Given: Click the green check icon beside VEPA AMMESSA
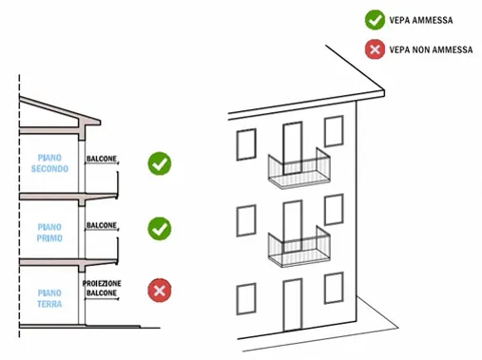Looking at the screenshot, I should (373, 18).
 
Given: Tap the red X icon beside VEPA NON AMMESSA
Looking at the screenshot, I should (373, 48).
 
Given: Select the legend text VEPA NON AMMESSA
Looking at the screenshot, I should (432, 48).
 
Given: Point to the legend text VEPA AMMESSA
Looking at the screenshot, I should (420, 18).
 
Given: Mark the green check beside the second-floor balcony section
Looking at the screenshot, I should (160, 163).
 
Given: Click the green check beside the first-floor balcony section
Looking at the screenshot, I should (160, 228).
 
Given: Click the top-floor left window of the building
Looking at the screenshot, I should (244, 145).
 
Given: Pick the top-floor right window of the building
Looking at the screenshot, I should (334, 131).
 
